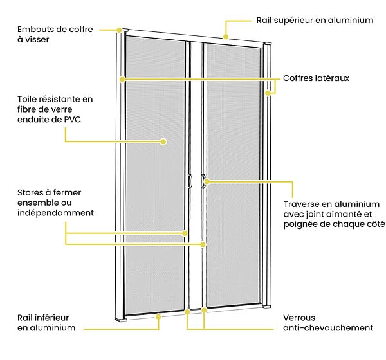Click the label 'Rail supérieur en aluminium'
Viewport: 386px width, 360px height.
pyautogui.click(x=315, y=21)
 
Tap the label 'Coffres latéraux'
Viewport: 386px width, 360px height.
pyautogui.click(x=316, y=78)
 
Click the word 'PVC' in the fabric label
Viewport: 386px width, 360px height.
pyautogui.click(x=73, y=120)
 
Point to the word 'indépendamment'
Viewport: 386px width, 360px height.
pyautogui.click(x=55, y=213)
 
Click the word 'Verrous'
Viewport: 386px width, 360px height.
pyautogui.click(x=299, y=318)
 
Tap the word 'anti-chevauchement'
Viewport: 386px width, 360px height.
pyautogui.click(x=328, y=328)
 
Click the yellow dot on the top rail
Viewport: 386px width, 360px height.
pyautogui.click(x=226, y=37)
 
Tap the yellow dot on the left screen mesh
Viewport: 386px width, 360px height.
pyautogui.click(x=163, y=141)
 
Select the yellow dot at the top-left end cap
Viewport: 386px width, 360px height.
pyautogui.click(x=119, y=30)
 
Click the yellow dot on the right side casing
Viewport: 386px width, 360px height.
pyautogui.click(x=268, y=93)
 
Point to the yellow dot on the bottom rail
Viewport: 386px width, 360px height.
pyautogui.click(x=158, y=317)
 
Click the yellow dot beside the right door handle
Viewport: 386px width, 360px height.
pyautogui.click(x=207, y=181)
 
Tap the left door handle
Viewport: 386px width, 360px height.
pyautogui.click(x=190, y=181)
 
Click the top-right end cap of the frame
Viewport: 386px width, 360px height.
pyautogui.click(x=268, y=44)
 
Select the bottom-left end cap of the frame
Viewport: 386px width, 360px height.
pyautogui.click(x=121, y=319)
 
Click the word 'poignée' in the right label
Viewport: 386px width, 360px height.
pyautogui.click(x=299, y=224)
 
